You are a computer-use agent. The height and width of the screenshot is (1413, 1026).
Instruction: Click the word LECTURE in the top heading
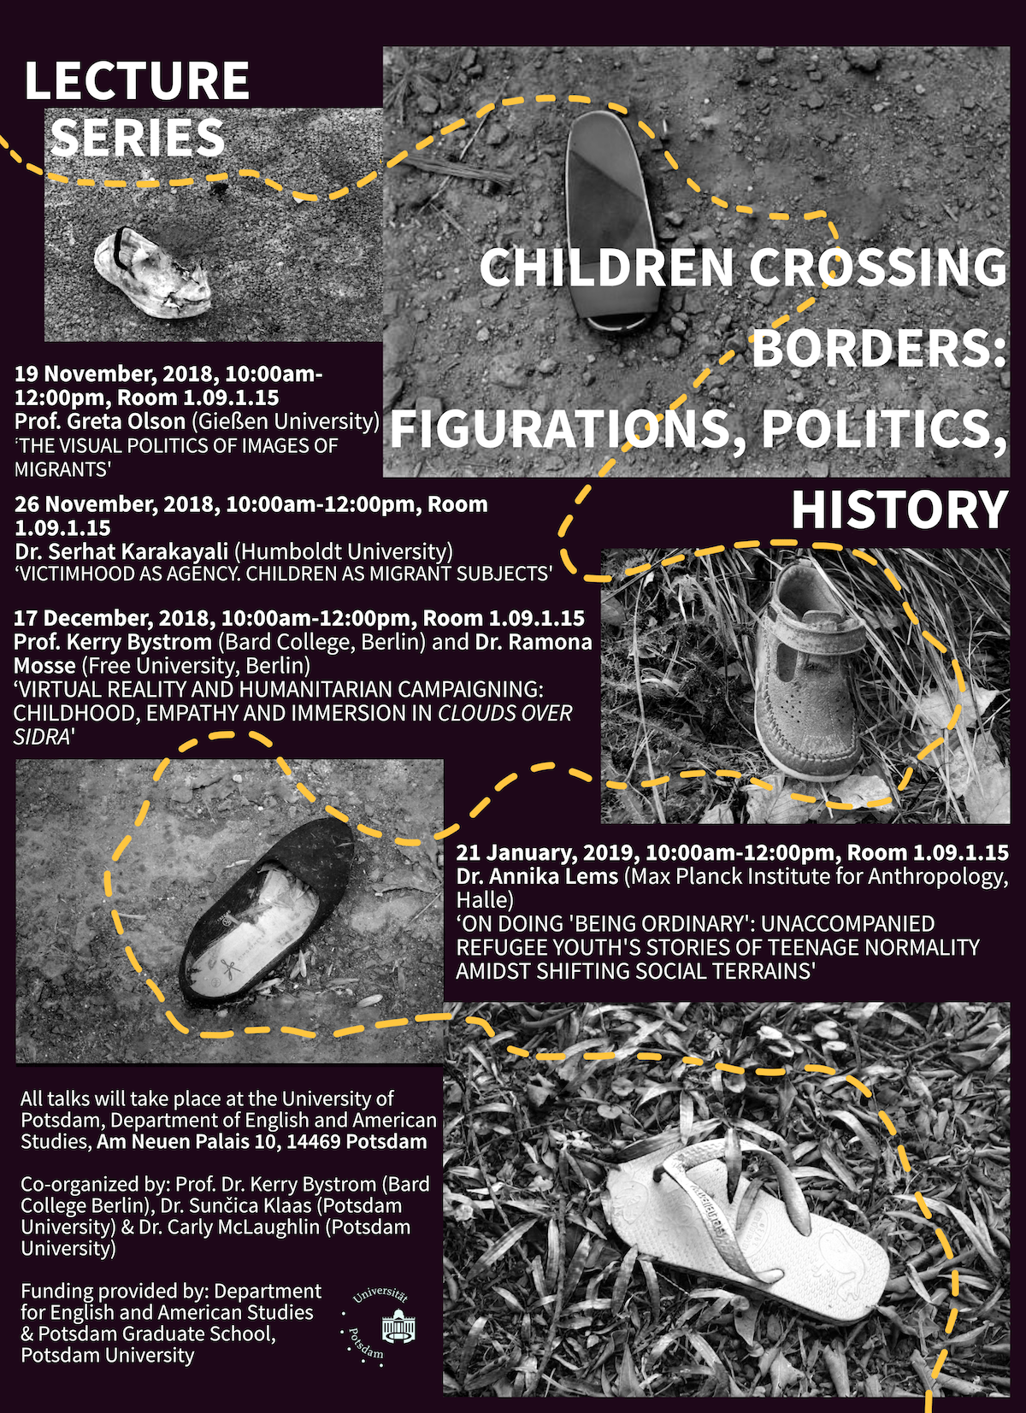tap(137, 81)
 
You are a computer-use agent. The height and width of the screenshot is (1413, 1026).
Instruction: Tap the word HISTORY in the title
tap(899, 510)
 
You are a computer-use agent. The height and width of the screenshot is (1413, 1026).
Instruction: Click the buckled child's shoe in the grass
tap(812, 675)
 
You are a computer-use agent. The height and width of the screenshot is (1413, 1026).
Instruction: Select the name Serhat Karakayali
tap(140, 551)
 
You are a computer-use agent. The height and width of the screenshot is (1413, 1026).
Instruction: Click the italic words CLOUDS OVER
tap(504, 713)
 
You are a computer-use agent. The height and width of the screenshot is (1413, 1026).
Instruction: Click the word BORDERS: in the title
tap(878, 348)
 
